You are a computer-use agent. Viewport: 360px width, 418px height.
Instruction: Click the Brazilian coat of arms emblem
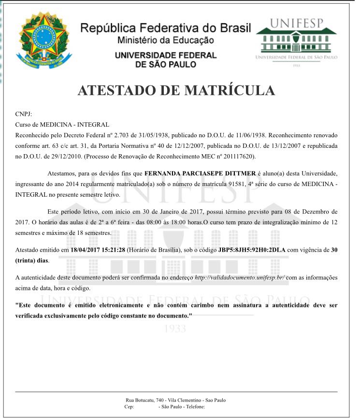pyautogui.click(x=41, y=41)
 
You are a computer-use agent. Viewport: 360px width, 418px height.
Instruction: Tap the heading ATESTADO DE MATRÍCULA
pyautogui.click(x=176, y=91)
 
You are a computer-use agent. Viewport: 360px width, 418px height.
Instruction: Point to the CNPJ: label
pyautogui.click(x=24, y=114)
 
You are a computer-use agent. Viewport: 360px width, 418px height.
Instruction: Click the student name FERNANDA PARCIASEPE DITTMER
pyautogui.click(x=201, y=173)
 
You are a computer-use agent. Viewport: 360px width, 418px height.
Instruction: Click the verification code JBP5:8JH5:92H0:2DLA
pyautogui.click(x=252, y=250)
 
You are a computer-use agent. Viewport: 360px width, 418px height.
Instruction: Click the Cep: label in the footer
pyautogui.click(x=129, y=407)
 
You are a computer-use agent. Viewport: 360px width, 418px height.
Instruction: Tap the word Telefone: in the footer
pyautogui.click(x=195, y=407)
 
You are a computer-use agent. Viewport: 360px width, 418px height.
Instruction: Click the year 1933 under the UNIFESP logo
pyautogui.click(x=296, y=65)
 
